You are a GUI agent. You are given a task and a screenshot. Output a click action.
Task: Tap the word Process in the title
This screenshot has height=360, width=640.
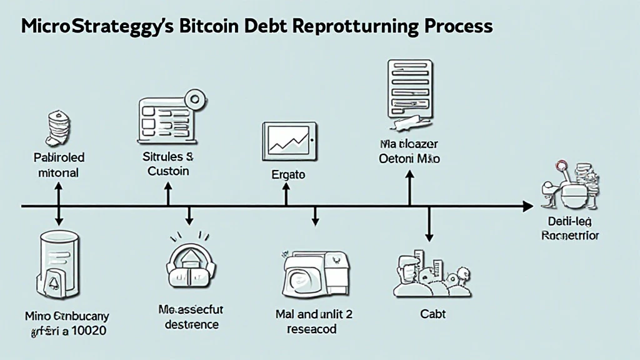click(x=449, y=27)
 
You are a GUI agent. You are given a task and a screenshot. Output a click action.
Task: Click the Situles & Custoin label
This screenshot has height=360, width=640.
click(x=167, y=164)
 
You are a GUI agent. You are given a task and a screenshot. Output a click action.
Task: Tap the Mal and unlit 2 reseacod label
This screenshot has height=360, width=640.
click(x=314, y=321)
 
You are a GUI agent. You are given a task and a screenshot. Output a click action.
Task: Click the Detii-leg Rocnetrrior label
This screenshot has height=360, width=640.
click(x=569, y=229)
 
